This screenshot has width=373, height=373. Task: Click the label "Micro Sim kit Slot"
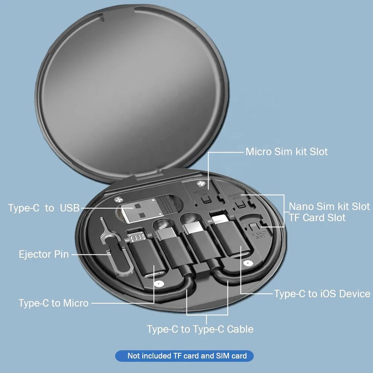point(286,152)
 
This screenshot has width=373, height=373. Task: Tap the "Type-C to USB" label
point(44,208)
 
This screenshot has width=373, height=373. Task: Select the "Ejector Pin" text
point(44,254)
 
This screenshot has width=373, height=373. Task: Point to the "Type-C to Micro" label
point(54,303)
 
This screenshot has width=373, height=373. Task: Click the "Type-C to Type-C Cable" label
point(200,329)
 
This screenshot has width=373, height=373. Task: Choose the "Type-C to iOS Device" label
point(322,294)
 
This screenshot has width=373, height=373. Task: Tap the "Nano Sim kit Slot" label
point(329,206)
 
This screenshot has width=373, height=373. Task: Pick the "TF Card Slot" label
point(317,217)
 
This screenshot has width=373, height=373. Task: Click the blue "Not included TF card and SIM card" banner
point(184,356)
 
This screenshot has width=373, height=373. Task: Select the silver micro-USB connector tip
point(136,236)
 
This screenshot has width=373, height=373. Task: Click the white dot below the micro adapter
point(159,283)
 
